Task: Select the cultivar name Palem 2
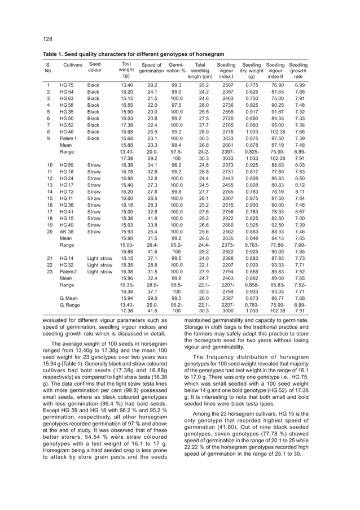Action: tap(68, 271)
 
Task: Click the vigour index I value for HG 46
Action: tap(226, 132)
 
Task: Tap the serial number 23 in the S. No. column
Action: tap(48, 271)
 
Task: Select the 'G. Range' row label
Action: tap(69, 304)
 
